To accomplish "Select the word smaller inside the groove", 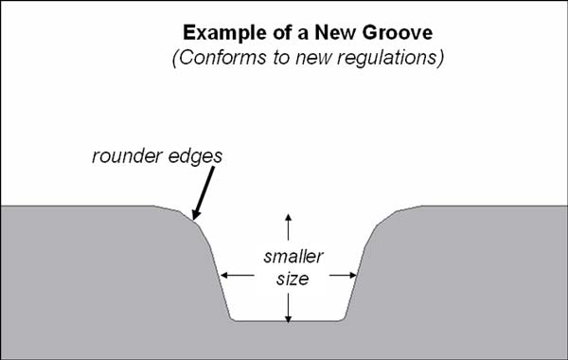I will coord(290,257).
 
